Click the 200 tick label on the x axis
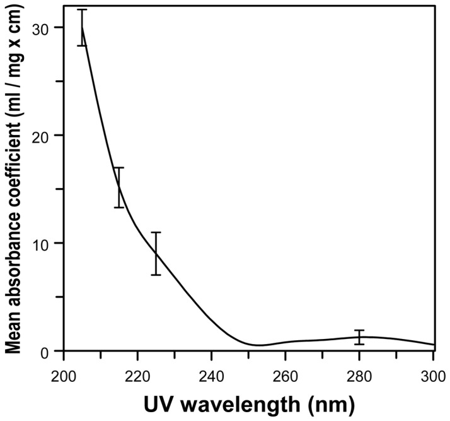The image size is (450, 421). pos(64,372)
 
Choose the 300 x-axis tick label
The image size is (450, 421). pos(433,372)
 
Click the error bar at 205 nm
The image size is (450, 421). pos(82,28)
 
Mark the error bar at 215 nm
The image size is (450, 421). pos(118,187)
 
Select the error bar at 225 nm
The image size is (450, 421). pos(156,253)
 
